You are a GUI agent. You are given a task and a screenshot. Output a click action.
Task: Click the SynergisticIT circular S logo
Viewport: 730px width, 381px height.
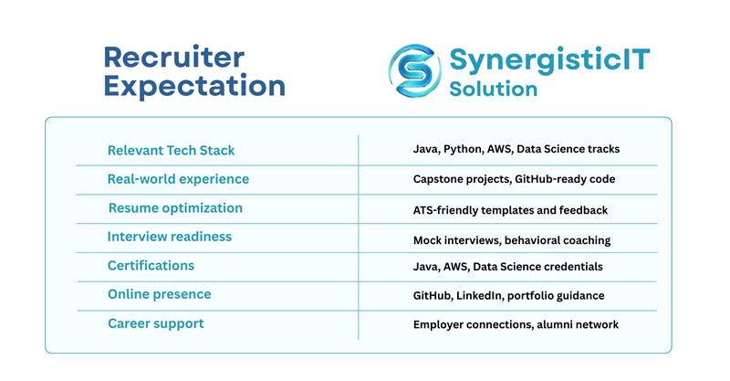pyautogui.click(x=414, y=69)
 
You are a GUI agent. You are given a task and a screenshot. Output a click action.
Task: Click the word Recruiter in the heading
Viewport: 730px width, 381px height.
pyautogui.click(x=174, y=57)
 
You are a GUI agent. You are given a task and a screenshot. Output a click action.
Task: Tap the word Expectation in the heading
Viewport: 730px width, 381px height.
pyautogui.click(x=194, y=87)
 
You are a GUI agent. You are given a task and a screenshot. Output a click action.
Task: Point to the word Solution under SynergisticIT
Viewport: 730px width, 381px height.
pyautogui.click(x=493, y=90)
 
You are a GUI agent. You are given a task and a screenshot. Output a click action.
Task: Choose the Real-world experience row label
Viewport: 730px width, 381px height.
pyautogui.click(x=178, y=179)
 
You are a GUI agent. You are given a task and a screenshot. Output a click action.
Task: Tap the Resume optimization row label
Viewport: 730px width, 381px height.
pyautogui.click(x=175, y=208)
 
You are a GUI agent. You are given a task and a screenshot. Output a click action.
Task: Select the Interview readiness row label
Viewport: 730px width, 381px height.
pyautogui.click(x=170, y=237)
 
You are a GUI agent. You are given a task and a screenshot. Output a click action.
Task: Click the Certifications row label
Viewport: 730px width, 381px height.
pyautogui.click(x=151, y=266)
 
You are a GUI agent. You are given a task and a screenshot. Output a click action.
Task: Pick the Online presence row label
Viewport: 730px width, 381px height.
pyautogui.click(x=159, y=294)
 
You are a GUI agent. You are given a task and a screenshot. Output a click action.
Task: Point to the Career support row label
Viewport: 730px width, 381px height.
pyautogui.click(x=156, y=323)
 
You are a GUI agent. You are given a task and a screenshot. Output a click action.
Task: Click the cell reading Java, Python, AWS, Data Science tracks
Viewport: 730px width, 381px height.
pyautogui.click(x=516, y=149)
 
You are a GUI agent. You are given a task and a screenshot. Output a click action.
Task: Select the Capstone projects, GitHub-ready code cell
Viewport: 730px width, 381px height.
pyautogui.click(x=514, y=179)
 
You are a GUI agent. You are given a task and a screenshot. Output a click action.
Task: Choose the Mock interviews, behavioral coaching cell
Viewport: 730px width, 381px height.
pyautogui.click(x=511, y=240)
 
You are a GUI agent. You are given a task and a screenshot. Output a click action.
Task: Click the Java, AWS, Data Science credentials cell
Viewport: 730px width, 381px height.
pyautogui.click(x=508, y=267)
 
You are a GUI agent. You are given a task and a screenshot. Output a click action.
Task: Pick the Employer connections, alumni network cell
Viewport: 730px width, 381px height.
pyautogui.click(x=516, y=324)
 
